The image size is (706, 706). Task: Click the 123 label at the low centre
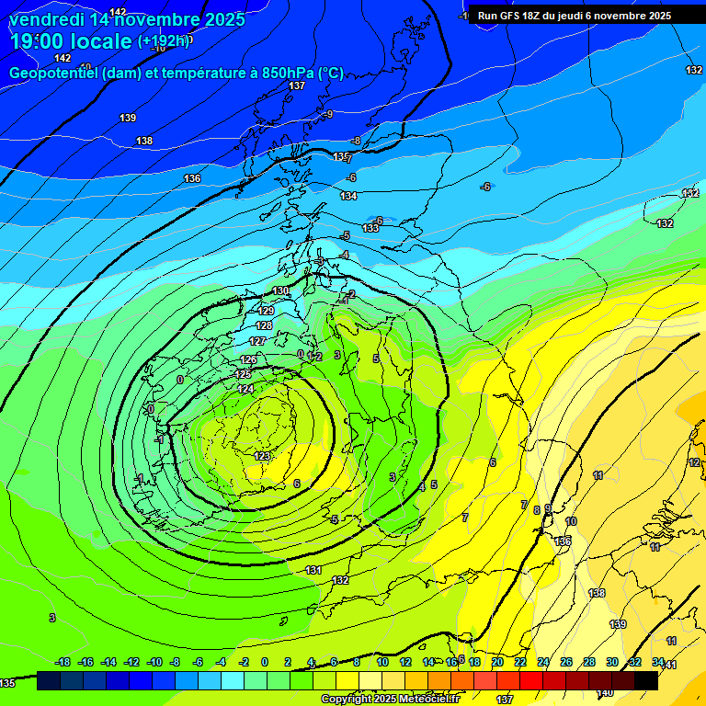point(263,456)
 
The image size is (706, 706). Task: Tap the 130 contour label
point(280,291)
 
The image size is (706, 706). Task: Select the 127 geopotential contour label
point(257,341)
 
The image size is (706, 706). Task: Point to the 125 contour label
point(244,374)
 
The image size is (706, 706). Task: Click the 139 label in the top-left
point(128,118)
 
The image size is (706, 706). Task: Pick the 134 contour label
point(348,196)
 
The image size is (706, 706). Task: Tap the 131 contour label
point(313,571)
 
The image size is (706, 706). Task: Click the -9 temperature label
point(327,114)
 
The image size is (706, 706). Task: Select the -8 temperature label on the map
point(356,141)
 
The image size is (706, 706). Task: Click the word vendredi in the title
point(47,19)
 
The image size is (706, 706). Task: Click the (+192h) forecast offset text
point(165,40)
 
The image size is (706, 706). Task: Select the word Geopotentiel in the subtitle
point(54,74)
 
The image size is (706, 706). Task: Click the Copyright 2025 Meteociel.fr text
point(389,700)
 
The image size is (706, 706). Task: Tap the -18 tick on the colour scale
point(63,662)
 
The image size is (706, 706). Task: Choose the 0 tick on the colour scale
point(265,662)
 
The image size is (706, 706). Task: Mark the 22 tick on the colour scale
point(520,662)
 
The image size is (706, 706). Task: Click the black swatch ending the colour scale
point(646,680)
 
